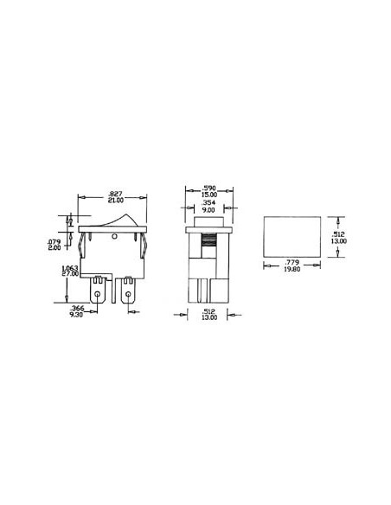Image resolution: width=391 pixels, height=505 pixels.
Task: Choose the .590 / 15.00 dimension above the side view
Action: coord(208,190)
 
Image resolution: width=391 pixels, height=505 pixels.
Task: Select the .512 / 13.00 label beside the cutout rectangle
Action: coord(341,239)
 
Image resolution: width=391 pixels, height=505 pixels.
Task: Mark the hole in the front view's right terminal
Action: coord(129,297)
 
